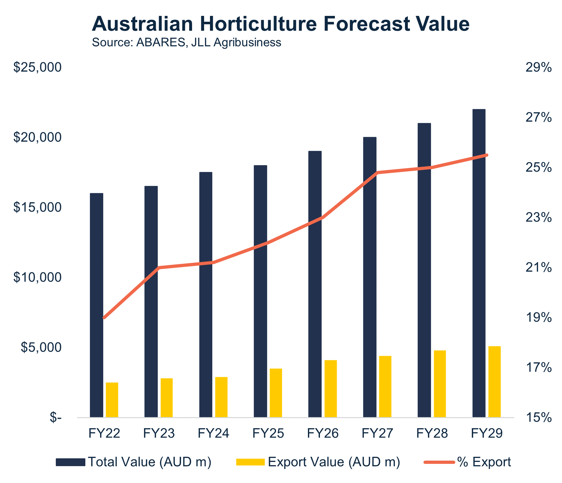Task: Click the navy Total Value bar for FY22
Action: coord(96,305)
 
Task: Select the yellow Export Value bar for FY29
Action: coord(495,382)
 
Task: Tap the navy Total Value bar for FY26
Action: coord(315,284)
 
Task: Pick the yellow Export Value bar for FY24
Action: coord(221,397)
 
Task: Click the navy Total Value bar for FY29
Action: coord(479,263)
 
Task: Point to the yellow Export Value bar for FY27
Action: coord(385,387)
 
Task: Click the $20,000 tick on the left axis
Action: coord(37,138)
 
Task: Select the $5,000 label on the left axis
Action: coord(41,347)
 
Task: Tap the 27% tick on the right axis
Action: coord(538,117)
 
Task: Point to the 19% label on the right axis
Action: coord(538,318)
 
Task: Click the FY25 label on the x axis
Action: coord(268,433)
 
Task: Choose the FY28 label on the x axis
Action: coord(432,433)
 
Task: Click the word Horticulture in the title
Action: coord(258,24)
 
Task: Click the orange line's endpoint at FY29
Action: coord(486,155)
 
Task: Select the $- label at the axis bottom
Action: coord(55,418)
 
